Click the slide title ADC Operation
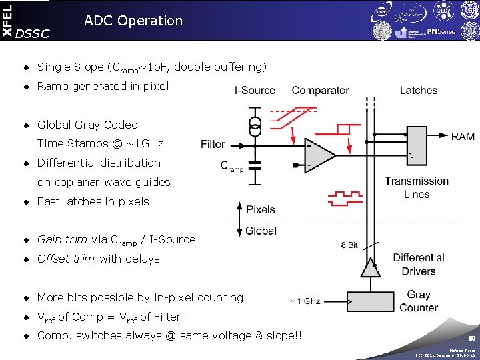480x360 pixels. [133, 21]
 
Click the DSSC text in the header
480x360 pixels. [32, 34]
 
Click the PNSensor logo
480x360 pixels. [443, 31]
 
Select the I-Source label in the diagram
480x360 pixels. [255, 90]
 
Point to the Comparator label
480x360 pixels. [320, 90]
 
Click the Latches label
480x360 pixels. [419, 90]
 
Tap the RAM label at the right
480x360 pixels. [463, 136]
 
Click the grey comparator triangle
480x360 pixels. [319, 156]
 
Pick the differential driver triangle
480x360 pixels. [367, 267]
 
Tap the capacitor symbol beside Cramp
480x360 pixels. [253, 164]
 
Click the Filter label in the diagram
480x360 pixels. [213, 144]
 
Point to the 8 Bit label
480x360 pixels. [349, 245]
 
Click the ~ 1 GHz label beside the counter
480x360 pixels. [305, 301]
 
